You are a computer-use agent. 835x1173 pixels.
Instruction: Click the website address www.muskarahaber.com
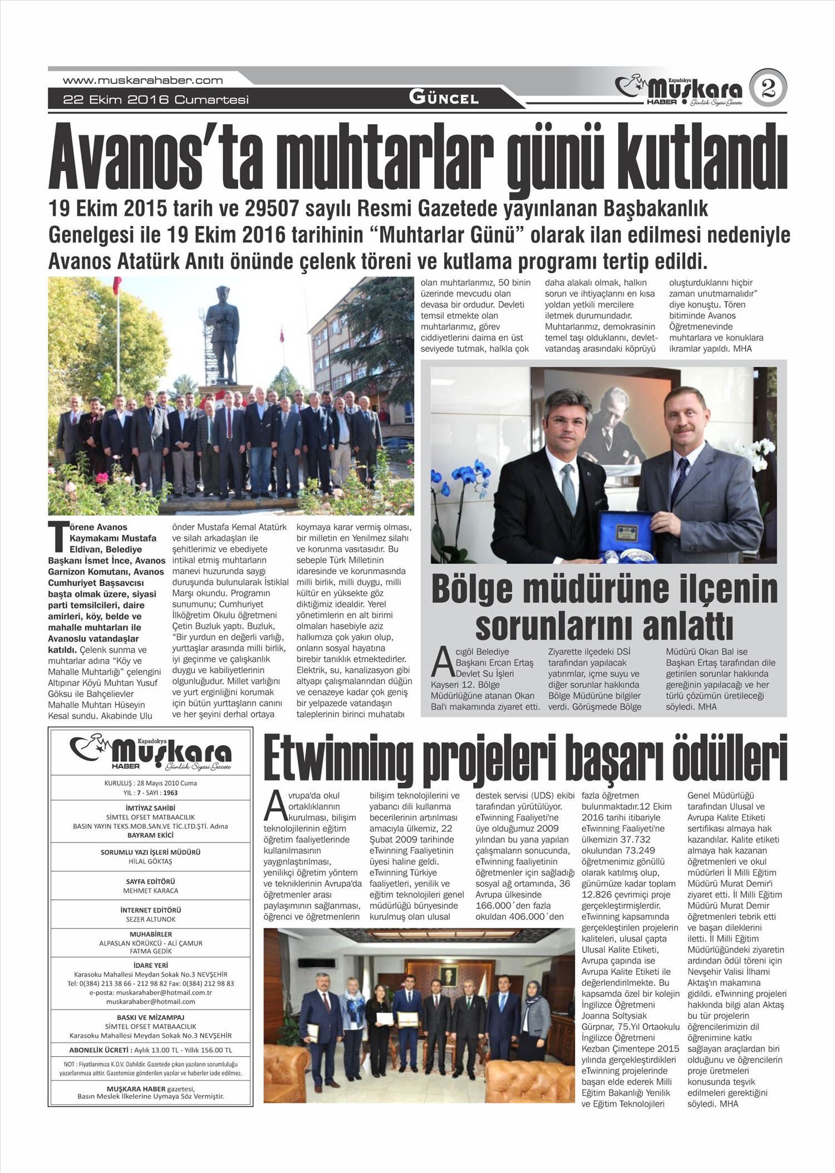tap(143, 80)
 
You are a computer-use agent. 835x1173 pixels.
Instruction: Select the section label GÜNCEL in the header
tap(444, 98)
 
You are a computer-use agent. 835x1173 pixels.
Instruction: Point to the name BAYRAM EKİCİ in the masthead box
tap(150, 835)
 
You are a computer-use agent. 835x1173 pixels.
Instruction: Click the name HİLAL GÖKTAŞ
tap(150, 861)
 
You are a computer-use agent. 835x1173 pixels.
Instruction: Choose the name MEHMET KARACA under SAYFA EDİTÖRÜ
tap(150, 890)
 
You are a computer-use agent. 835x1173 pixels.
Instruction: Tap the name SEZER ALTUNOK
tap(150, 919)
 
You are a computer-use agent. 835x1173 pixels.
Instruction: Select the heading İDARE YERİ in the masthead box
tap(150, 965)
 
